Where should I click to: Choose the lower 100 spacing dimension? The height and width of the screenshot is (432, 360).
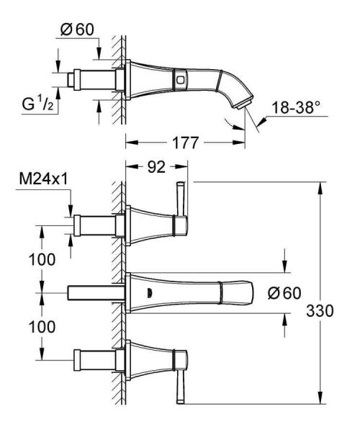point(42,325)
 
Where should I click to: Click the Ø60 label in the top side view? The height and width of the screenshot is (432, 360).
point(76,30)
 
